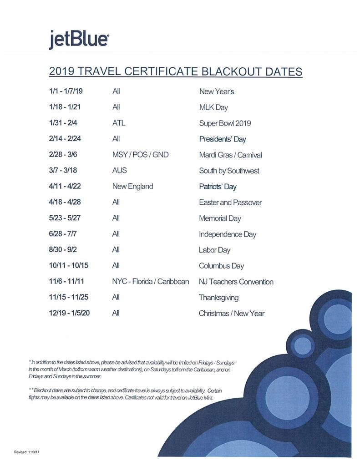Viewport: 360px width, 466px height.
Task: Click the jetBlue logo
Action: (x=79, y=40)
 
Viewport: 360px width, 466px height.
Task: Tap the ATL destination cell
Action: (x=118, y=123)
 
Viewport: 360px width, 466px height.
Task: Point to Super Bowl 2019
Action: (x=225, y=123)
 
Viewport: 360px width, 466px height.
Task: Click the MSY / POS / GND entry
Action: (x=140, y=155)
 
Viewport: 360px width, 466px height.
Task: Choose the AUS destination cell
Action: (x=119, y=171)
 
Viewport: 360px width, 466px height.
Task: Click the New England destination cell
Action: (x=132, y=187)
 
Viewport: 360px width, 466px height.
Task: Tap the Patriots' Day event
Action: (x=218, y=187)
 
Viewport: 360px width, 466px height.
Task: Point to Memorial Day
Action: (x=220, y=218)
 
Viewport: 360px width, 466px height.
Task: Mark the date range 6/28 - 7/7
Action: (x=63, y=234)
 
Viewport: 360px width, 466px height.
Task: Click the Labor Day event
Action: (x=214, y=250)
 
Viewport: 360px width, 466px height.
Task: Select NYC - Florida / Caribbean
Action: (x=150, y=282)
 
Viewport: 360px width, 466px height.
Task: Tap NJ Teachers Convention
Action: (x=236, y=282)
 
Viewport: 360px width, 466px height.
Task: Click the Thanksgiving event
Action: (x=218, y=298)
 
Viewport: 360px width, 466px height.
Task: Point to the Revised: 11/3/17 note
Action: (x=27, y=452)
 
